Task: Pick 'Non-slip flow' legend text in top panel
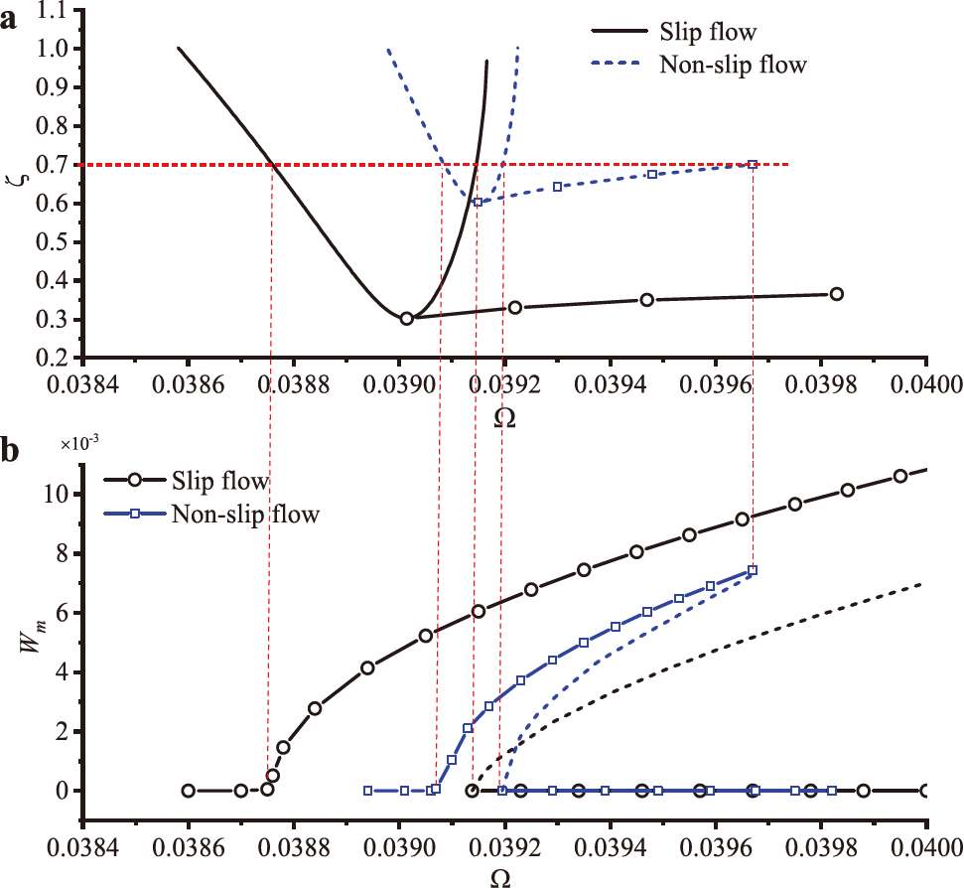733,67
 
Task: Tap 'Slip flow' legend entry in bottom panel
220,483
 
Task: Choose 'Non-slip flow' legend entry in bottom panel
245,514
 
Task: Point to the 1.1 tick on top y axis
55,10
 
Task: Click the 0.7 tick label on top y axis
55,165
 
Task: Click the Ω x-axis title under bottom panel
504,877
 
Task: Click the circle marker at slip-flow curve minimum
407,319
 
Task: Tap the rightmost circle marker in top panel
837,294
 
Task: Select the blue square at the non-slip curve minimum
478,202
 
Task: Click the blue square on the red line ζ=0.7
753,165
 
